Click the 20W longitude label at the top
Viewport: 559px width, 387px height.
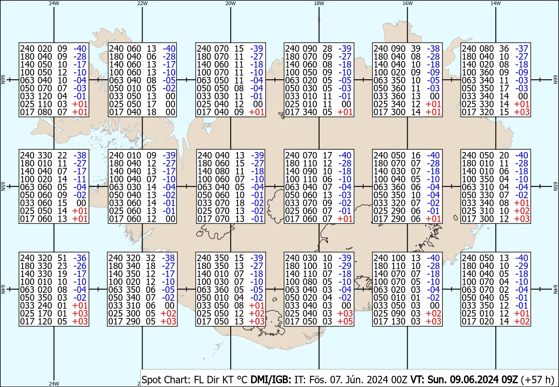230,3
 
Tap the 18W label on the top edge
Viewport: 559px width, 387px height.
319,3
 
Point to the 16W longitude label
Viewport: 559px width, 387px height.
407,3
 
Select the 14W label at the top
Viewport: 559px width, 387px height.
495,3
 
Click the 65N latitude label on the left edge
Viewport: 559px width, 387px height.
3,187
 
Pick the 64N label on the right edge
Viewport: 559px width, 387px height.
555,289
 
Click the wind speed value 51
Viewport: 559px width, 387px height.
62,258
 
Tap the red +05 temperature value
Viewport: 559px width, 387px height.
345,321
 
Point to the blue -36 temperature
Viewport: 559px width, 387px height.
80,258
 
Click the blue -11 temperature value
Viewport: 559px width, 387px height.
80,179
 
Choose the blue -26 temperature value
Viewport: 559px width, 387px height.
80,266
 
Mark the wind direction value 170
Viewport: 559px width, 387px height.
45,313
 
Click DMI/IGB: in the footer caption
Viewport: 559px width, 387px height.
271,380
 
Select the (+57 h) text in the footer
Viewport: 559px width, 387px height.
538,380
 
